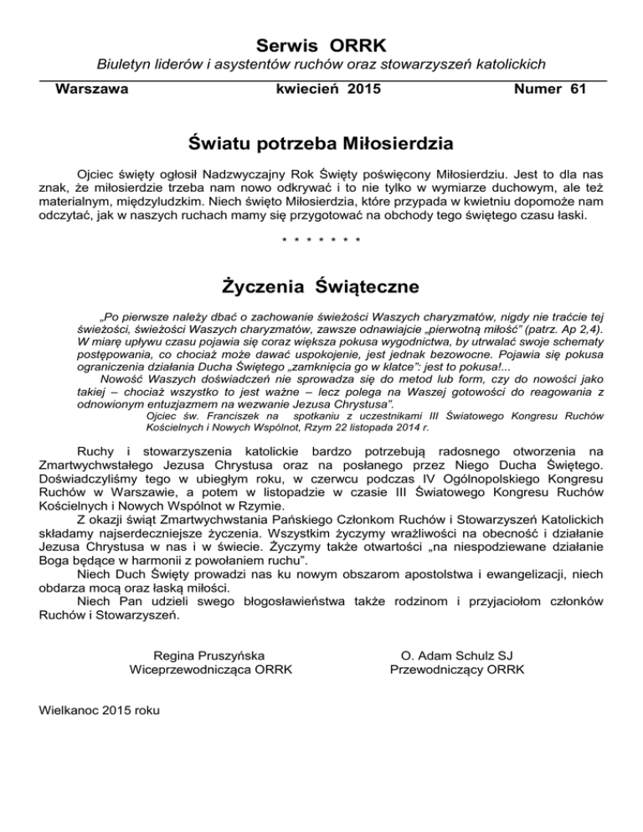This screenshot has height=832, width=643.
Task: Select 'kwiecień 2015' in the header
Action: [x=321, y=88]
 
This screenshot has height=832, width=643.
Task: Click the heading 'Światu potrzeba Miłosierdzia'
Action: [x=321, y=144]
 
